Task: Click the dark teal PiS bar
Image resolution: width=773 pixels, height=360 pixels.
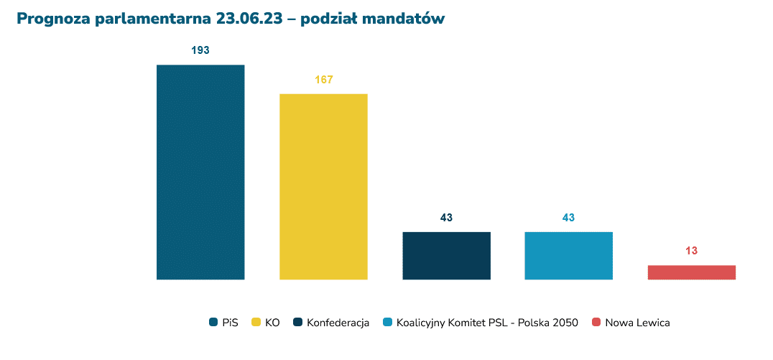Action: (x=200, y=172)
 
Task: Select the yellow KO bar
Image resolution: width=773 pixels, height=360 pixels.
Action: (x=323, y=186)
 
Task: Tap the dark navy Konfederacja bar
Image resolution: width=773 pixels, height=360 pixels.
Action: (x=446, y=255)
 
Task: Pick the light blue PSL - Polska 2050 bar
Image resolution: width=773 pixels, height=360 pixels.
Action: (x=569, y=255)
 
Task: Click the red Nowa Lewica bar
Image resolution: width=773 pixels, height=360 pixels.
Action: (x=691, y=272)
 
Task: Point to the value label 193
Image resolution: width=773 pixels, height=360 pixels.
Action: (x=200, y=50)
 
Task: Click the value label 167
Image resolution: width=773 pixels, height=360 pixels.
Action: (x=323, y=79)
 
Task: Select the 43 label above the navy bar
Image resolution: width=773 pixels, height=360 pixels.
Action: (x=446, y=218)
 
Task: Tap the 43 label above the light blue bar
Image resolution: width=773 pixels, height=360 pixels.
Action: (x=569, y=218)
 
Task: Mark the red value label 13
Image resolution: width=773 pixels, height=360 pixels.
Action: (x=691, y=251)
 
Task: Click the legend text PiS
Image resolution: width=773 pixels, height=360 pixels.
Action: (x=230, y=323)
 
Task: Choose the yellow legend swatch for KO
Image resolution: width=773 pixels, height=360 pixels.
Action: (x=255, y=323)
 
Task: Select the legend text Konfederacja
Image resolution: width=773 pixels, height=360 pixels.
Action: (x=338, y=323)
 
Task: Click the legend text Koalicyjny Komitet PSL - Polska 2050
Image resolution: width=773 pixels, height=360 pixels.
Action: (x=487, y=323)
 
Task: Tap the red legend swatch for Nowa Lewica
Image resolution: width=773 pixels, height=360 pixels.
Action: (x=596, y=323)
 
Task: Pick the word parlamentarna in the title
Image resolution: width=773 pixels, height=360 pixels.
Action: (x=152, y=19)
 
